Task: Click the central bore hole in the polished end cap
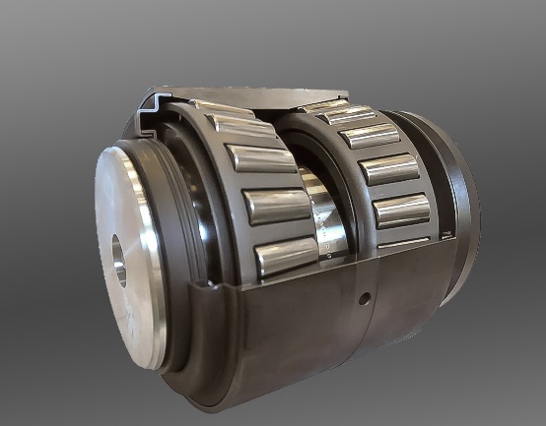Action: click(119, 261)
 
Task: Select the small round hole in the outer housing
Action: click(364, 295)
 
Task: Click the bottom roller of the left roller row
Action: click(286, 258)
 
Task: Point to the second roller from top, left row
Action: click(241, 126)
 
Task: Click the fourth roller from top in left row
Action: click(277, 206)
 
